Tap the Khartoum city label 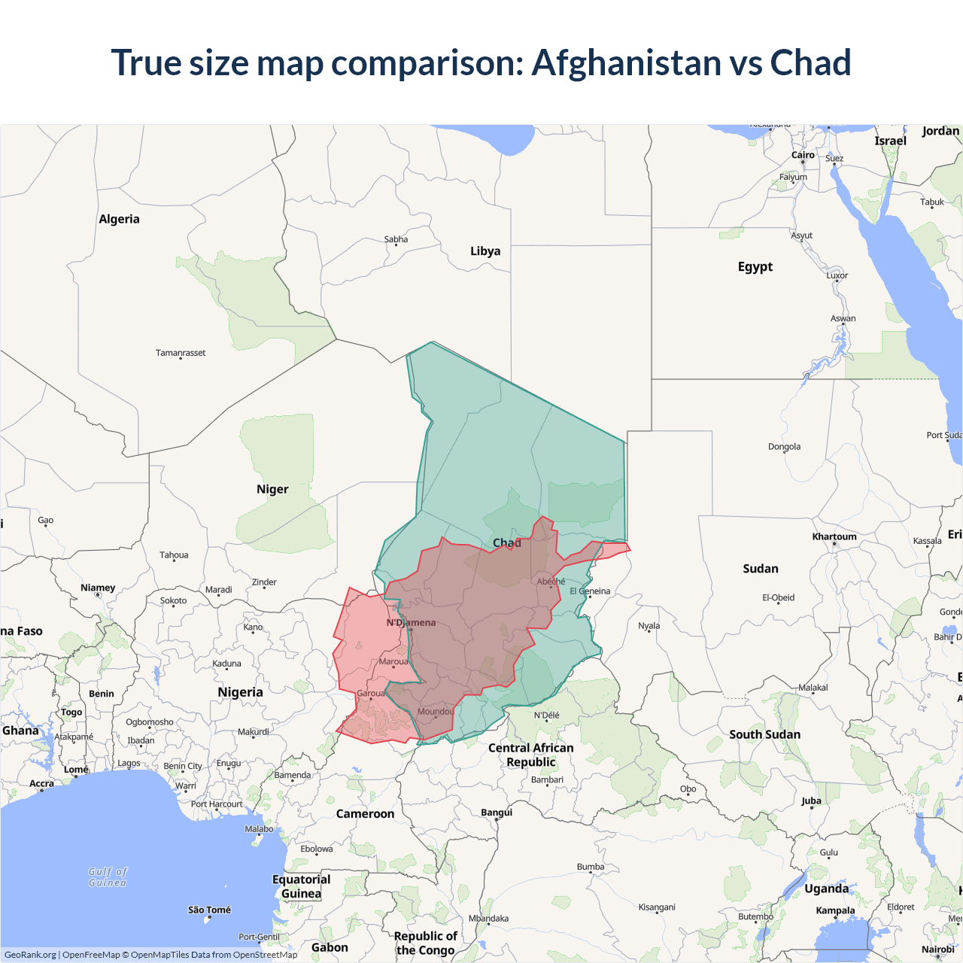point(834,536)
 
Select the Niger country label point(272,489)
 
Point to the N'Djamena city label point(411,622)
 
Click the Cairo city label point(803,155)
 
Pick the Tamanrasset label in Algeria point(181,353)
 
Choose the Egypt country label point(755,266)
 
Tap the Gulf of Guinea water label point(108,877)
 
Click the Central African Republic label point(530,755)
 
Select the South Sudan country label point(764,734)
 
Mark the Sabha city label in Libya point(396,239)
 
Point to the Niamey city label point(98,588)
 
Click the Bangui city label point(497,812)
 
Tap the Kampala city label point(835,910)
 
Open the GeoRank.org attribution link point(30,955)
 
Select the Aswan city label point(843,318)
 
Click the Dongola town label point(784,446)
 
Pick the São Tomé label point(209,910)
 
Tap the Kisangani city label point(657,907)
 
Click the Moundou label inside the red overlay point(436,711)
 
